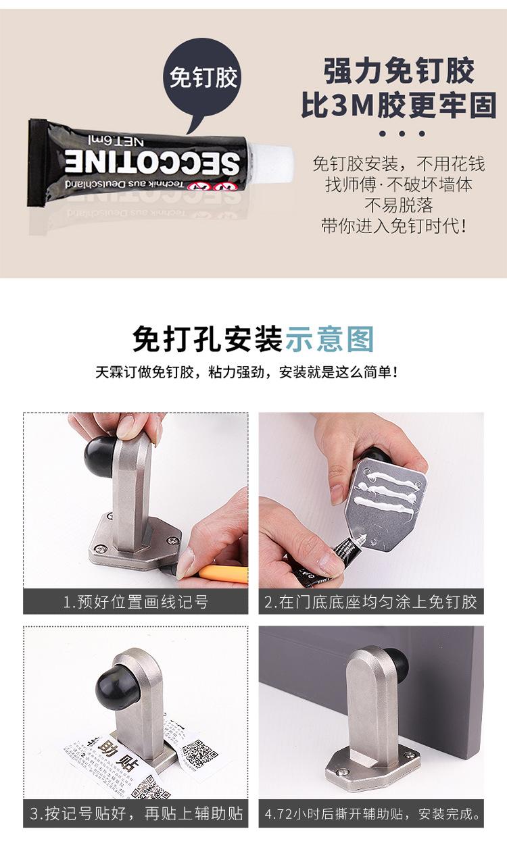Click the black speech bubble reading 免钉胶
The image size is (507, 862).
click(x=203, y=78)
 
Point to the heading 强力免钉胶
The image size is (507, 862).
click(x=399, y=71)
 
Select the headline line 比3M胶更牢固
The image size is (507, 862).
click(x=399, y=106)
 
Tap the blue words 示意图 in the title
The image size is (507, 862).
click(x=329, y=338)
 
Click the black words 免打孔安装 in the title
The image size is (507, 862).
click(x=207, y=338)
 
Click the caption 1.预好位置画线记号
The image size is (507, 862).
click(x=136, y=601)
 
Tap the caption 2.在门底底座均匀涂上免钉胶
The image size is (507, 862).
click(x=370, y=601)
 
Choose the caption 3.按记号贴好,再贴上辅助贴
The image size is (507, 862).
click(x=136, y=813)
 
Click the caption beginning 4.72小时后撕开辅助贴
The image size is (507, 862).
click(x=370, y=813)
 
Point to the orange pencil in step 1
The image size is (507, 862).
click(x=223, y=574)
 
